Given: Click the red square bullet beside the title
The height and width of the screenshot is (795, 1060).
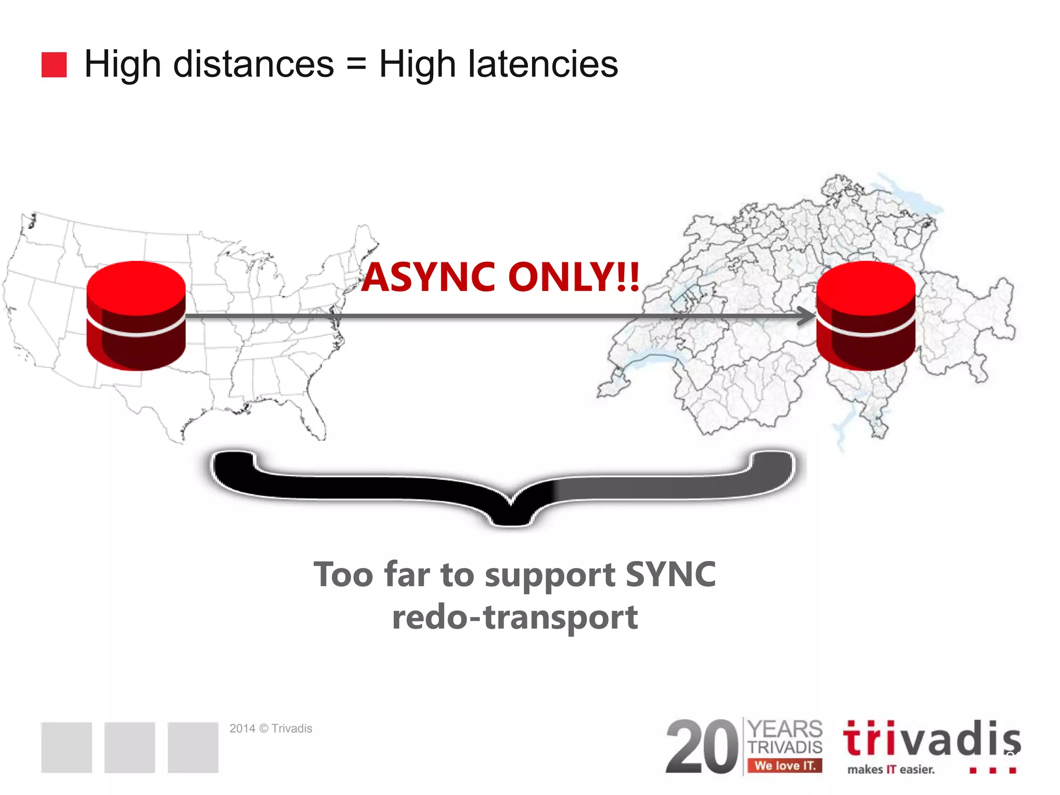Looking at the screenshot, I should [x=54, y=65].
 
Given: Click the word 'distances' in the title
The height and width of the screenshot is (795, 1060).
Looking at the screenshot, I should [x=253, y=64].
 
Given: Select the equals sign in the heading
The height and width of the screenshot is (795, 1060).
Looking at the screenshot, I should [x=356, y=65].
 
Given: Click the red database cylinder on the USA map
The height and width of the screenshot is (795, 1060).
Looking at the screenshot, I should [x=136, y=315].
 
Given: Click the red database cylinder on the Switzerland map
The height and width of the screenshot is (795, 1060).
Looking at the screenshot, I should [x=866, y=315].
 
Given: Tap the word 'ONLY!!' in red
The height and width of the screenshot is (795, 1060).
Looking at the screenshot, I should [x=574, y=277].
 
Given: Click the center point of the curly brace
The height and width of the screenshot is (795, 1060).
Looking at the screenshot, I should [x=511, y=512].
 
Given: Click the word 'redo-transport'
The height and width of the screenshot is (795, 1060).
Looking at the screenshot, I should [x=515, y=617].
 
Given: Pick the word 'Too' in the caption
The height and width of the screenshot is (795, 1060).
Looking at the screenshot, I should [x=343, y=575].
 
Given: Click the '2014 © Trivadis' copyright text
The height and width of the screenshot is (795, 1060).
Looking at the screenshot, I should [x=271, y=728].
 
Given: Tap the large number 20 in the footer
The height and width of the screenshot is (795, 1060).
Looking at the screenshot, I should [x=702, y=747].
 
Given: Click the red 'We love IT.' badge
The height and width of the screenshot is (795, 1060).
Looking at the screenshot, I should [x=785, y=765].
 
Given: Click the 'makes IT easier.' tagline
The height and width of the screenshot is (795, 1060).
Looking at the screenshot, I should [x=891, y=770].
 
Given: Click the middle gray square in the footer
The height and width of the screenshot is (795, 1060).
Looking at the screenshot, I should [x=129, y=747].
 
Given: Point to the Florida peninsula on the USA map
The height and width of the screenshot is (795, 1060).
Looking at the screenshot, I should [x=313, y=419].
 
